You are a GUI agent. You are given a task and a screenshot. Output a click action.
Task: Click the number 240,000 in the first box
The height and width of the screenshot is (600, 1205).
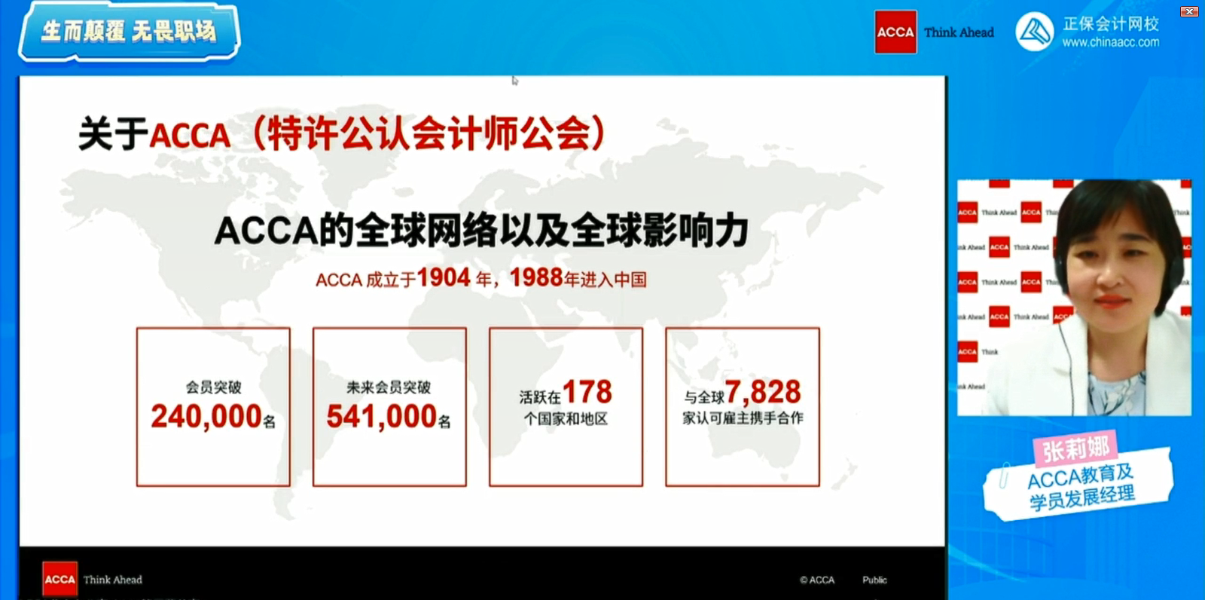206,416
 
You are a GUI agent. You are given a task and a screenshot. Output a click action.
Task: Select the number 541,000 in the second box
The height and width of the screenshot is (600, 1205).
381,416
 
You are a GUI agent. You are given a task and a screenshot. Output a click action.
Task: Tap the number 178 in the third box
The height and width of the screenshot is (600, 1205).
587,392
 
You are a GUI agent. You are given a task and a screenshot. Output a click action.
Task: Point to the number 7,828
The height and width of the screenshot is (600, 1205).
762,392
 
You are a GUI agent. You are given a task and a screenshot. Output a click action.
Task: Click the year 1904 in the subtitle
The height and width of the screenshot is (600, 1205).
444,277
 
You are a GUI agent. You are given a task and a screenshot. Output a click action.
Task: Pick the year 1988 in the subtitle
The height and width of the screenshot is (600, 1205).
536,277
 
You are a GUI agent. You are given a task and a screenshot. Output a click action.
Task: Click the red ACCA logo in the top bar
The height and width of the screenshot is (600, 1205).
895,32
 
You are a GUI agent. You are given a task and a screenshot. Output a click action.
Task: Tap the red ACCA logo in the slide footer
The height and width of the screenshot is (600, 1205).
59,579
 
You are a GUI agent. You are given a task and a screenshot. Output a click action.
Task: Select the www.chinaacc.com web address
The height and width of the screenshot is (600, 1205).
1111,43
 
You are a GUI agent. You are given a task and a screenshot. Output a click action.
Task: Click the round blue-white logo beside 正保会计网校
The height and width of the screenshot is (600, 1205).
1034,32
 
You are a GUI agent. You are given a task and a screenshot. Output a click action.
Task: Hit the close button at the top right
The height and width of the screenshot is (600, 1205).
1189,11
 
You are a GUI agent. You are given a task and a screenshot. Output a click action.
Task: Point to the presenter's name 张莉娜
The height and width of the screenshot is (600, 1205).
1075,449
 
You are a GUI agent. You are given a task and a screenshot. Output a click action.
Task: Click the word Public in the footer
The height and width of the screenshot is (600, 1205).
874,580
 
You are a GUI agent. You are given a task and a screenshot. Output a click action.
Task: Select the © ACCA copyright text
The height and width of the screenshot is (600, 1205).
817,580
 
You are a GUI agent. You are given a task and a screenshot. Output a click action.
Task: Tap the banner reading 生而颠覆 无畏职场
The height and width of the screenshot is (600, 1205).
129,32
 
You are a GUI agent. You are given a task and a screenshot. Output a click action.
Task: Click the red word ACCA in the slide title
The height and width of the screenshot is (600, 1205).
190,136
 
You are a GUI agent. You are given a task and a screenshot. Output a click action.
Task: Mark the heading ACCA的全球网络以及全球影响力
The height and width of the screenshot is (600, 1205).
482,231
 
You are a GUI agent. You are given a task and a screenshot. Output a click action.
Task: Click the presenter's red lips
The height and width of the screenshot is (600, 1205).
1106,301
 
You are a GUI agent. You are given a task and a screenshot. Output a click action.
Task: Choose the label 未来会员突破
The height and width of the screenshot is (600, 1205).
389,387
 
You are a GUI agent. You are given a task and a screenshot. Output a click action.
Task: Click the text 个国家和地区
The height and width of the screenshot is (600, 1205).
566,419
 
